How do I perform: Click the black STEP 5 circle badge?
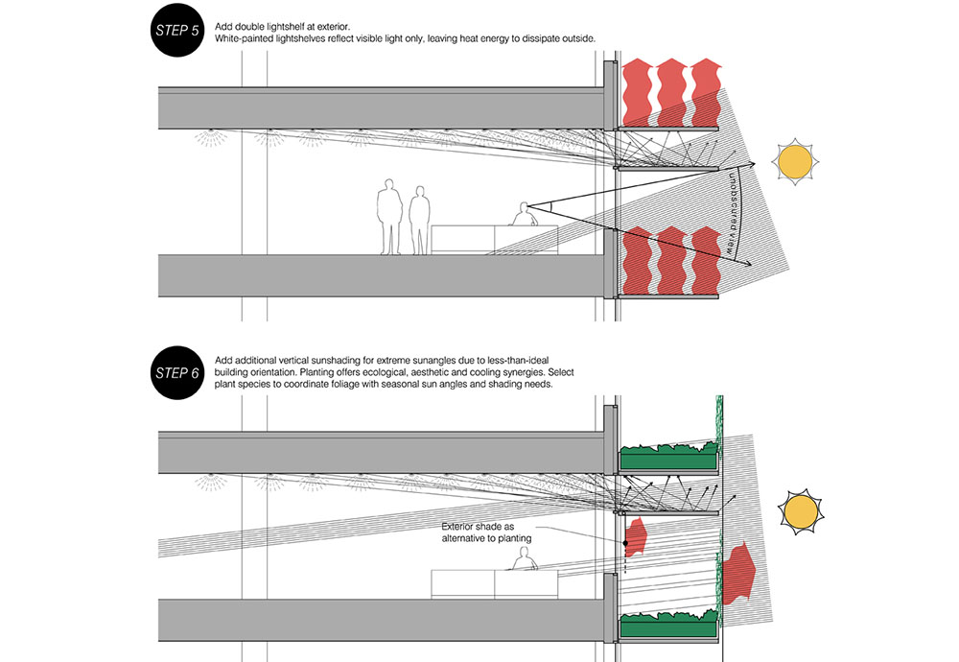click(x=175, y=31)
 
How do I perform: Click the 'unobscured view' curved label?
click(x=734, y=212)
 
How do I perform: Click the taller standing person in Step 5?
click(x=387, y=217)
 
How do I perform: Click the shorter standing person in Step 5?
click(x=419, y=221)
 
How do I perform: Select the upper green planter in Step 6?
click(x=668, y=459)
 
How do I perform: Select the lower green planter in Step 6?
click(x=668, y=626)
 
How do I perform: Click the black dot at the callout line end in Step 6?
click(x=624, y=544)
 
